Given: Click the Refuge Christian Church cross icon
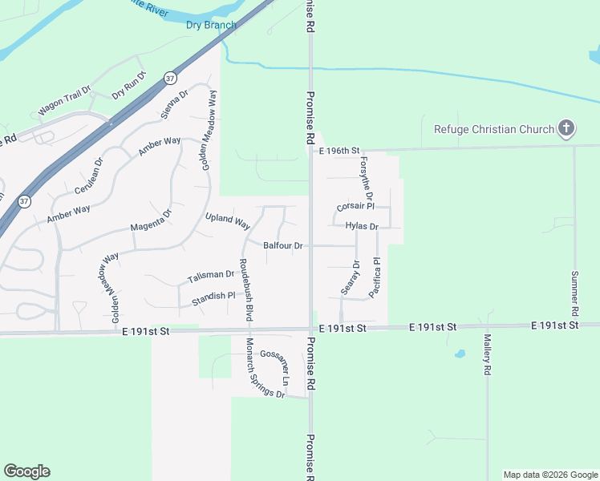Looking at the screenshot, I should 567,128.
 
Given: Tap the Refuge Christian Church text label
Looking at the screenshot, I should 494,129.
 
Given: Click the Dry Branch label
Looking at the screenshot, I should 211,25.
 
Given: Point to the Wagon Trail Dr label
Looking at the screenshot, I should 64,103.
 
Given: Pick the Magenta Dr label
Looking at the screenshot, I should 152,221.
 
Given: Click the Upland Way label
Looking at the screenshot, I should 229,220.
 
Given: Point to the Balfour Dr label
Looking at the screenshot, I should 282,245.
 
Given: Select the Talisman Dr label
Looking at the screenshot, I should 210,277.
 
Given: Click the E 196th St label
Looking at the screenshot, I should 340,151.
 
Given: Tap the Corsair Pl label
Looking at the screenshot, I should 355,206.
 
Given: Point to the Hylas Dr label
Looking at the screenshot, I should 361,226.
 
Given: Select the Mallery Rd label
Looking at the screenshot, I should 487,357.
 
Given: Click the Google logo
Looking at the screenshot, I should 26,471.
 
